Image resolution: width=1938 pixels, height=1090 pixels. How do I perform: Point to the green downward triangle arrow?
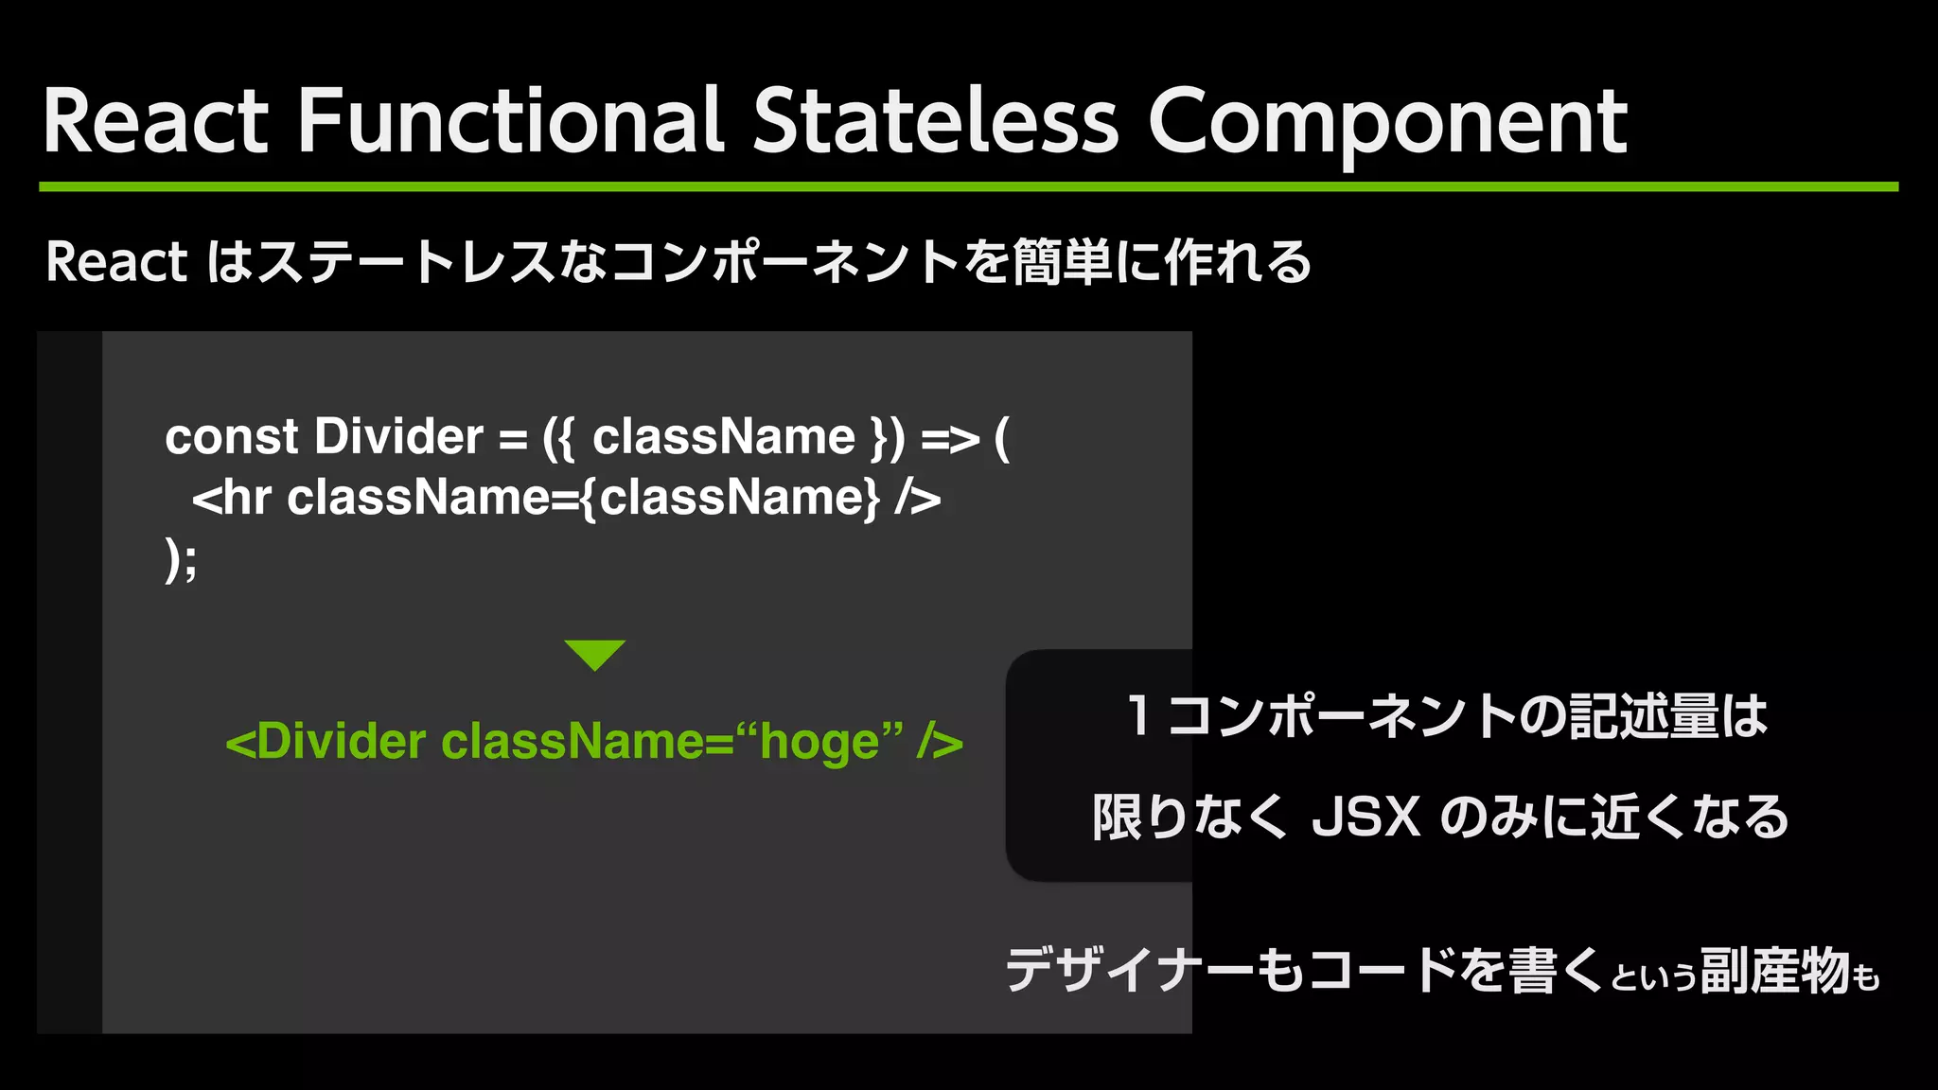pyautogui.click(x=594, y=654)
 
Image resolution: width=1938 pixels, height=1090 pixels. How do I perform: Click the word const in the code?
pyautogui.click(x=231, y=437)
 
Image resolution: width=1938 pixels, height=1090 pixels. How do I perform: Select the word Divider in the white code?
pyautogui.click(x=398, y=437)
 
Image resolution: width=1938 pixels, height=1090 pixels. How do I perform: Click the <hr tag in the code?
pyautogui.click(x=232, y=498)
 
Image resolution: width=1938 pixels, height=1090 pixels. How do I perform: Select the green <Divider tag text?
pyautogui.click(x=326, y=741)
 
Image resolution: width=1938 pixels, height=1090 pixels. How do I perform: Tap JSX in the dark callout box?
pyautogui.click(x=1365, y=817)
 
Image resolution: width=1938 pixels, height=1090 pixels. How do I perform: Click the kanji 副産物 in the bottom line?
pyautogui.click(x=1774, y=971)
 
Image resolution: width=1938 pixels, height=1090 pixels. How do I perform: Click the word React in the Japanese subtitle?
pyautogui.click(x=116, y=262)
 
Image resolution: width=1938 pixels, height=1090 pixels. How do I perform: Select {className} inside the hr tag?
pyautogui.click(x=729, y=498)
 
